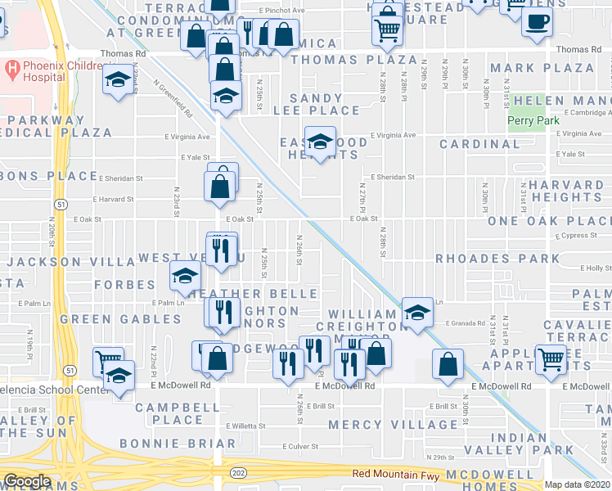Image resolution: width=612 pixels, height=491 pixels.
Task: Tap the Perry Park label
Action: pos(524,121)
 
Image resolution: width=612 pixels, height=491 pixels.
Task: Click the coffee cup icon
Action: pos(538,23)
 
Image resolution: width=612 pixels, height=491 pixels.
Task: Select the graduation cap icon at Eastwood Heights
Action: pos(320,140)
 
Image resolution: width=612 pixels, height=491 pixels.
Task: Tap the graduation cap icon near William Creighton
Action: pos(417,312)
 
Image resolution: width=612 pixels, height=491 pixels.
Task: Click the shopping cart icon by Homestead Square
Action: pos(386,30)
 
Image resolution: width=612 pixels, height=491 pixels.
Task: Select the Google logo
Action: pos(26,481)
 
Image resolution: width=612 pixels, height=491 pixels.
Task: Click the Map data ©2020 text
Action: pos(578,484)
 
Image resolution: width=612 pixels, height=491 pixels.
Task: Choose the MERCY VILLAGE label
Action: pos(394,425)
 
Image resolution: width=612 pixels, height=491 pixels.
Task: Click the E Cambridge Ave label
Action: pos(580,113)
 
